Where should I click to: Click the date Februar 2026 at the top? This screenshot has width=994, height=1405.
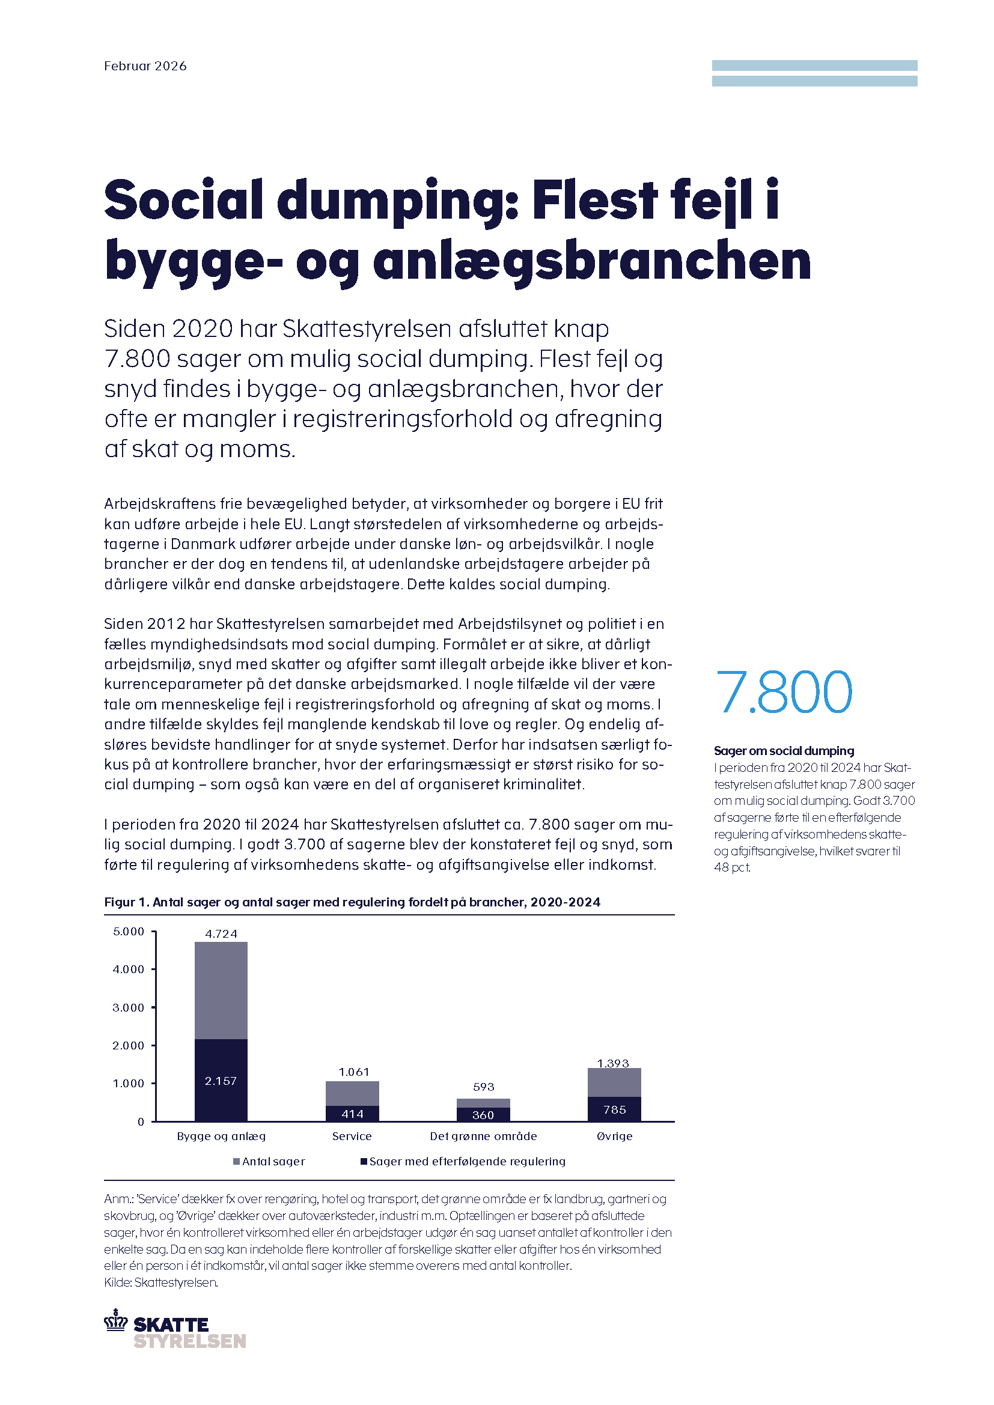(145, 66)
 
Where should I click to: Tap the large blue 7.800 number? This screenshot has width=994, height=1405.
(783, 692)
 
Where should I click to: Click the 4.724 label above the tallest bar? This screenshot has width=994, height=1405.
(221, 934)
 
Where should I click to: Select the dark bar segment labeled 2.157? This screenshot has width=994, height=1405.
(221, 1080)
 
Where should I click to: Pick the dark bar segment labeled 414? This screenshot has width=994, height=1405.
(352, 1113)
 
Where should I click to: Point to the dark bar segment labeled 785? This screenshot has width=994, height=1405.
(614, 1109)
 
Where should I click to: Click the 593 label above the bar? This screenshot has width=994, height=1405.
(483, 1087)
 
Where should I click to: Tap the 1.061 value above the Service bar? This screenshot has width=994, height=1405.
(354, 1072)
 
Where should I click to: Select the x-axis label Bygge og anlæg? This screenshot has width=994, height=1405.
(221, 1136)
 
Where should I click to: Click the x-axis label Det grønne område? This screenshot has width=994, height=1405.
(483, 1136)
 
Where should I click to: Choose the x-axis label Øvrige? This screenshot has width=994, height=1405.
(614, 1136)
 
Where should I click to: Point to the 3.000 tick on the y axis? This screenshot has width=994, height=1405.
(128, 1007)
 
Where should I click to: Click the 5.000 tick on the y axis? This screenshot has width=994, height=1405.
(128, 932)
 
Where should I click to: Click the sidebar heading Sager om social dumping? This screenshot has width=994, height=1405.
(784, 751)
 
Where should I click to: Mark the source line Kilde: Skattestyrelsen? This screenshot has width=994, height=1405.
(161, 1282)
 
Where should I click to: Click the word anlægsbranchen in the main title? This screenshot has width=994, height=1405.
(591, 261)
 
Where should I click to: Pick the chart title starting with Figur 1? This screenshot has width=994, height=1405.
(352, 902)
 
